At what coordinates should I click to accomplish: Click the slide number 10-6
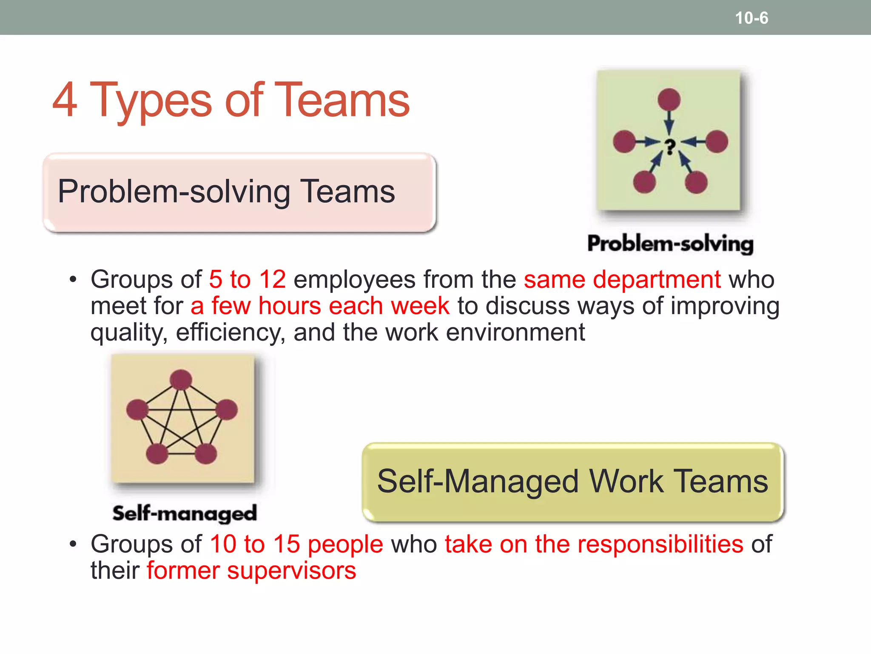[x=751, y=18]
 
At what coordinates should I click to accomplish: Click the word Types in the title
[x=151, y=101]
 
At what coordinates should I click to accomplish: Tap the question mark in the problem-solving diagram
[x=670, y=147]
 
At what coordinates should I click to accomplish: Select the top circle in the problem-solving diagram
[x=669, y=100]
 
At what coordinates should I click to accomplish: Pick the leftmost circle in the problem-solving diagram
[x=624, y=141]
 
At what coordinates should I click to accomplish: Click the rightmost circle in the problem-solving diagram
[x=717, y=141]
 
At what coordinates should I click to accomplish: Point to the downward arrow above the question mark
[x=669, y=123]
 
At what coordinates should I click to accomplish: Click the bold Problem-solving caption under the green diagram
[x=670, y=244]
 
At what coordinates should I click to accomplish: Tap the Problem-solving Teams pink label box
[x=239, y=192]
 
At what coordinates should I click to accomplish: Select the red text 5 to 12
[x=247, y=280]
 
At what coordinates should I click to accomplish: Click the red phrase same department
[x=622, y=280]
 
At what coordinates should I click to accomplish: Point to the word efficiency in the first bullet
[x=230, y=333]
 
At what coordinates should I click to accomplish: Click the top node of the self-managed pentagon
[x=181, y=379]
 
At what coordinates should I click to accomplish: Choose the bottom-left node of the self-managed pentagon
[x=157, y=453]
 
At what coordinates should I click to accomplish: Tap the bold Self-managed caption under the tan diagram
[x=185, y=513]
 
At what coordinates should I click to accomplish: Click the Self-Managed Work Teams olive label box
[x=572, y=482]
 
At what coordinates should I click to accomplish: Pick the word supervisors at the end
[x=291, y=571]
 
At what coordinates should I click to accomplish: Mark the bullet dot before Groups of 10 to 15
[x=74, y=545]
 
